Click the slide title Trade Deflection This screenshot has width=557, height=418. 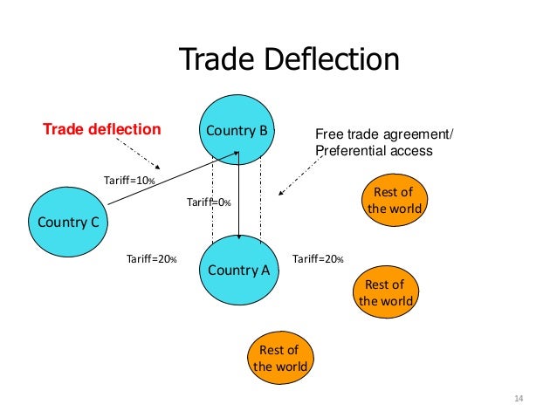pos(288,60)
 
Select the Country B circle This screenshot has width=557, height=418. pos(238,131)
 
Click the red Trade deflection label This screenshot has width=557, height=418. pos(102,130)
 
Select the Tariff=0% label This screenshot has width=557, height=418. pos(209,202)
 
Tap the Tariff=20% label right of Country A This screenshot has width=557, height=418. pos(318,259)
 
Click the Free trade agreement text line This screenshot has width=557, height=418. pos(385,134)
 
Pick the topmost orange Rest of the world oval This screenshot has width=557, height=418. pos(394,201)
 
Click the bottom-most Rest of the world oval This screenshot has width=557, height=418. pos(280,359)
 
